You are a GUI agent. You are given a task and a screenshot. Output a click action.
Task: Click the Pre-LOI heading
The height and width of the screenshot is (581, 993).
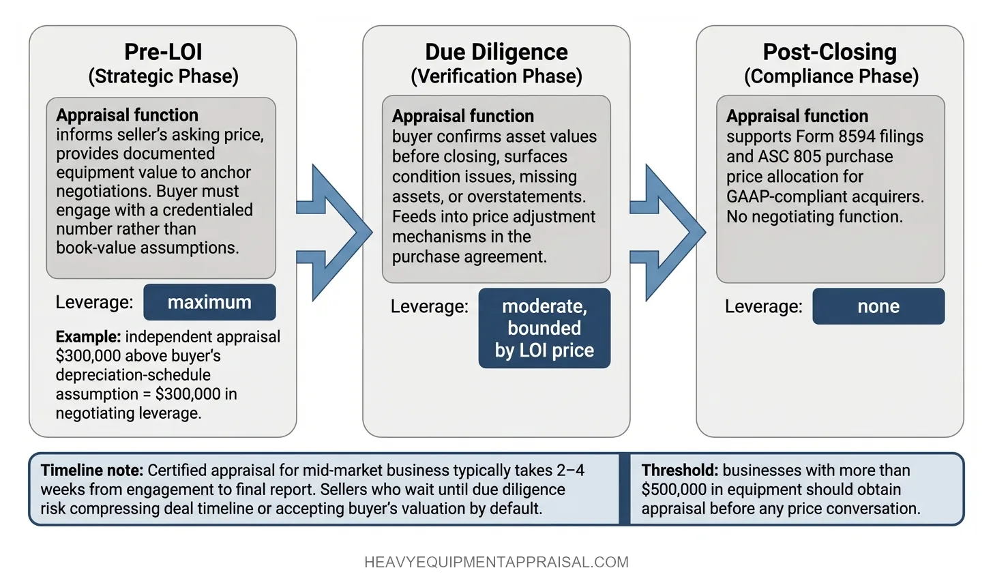coord(163,52)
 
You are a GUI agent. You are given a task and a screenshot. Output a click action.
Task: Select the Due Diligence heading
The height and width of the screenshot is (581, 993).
coord(496,52)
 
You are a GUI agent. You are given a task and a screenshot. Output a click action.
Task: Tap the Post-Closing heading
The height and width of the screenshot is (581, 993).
coord(829,52)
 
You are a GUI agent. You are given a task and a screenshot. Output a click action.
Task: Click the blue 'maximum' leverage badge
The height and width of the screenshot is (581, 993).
coord(209,302)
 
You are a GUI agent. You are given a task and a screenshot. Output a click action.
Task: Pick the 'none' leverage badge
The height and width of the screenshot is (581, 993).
coord(878,306)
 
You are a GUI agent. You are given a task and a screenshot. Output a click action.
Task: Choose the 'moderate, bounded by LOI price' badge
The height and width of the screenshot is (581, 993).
coord(544,328)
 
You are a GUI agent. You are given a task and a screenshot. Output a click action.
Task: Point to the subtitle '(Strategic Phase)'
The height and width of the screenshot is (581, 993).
coord(163,76)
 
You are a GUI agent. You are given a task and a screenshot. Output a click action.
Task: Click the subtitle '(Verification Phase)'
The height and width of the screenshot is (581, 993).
coord(496,76)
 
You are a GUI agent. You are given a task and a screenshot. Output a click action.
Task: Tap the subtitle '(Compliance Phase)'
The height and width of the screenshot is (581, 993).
coord(831,76)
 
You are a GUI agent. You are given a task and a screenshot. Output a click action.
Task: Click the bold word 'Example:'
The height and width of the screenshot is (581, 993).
coord(88,337)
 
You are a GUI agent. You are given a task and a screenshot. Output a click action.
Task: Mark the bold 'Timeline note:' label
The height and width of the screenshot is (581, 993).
coord(92,471)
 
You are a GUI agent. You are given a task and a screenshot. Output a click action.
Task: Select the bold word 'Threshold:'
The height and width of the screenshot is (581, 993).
coord(679,471)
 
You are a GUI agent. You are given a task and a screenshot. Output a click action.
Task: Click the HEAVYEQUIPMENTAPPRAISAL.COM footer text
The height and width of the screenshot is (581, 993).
coord(496,563)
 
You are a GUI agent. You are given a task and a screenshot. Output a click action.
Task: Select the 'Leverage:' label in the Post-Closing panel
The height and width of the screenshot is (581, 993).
coord(763,307)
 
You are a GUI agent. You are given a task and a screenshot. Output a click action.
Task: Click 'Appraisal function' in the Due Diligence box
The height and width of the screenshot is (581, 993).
coord(462,116)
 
